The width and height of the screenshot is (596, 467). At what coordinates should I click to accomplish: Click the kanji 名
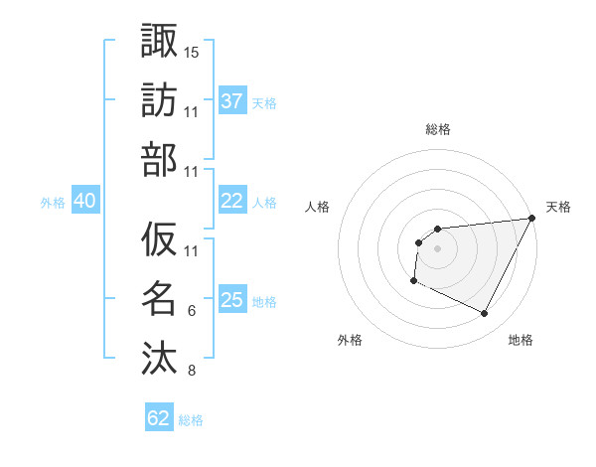pos(159,298)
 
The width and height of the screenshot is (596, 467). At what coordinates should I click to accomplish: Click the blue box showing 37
pos(232,100)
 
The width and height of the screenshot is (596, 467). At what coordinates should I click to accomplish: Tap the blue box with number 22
pos(232,201)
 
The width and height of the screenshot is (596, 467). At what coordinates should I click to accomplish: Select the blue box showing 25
pos(232,300)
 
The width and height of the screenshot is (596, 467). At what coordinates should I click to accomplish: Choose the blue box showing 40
pos(84,201)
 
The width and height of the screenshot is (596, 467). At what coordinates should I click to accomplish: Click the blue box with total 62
pos(159,418)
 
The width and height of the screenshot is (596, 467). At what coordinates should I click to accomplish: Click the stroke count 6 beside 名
pos(191,311)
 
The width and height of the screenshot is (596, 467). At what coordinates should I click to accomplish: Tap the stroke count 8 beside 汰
pos(191,371)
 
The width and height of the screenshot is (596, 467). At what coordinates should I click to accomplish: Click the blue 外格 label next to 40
pos(53,202)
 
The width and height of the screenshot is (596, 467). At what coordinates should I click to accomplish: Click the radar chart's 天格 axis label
pos(558,207)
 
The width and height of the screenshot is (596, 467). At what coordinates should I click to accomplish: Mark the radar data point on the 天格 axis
pos(531,218)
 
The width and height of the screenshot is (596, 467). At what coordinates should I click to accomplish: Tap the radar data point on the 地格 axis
pos(485,314)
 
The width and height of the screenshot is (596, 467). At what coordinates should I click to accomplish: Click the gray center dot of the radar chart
pos(437,248)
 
